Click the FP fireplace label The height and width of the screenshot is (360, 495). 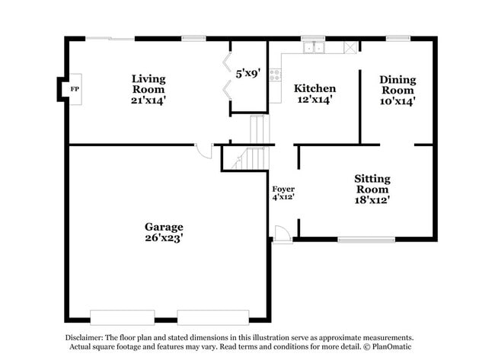74,90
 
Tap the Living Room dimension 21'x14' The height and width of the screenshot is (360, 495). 148,100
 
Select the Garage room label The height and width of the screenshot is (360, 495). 164,227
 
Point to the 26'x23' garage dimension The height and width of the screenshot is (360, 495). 164,237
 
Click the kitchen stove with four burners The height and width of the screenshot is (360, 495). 274,75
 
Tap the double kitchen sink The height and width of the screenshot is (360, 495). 313,48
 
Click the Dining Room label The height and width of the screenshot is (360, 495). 397,84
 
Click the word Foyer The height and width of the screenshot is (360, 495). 283,189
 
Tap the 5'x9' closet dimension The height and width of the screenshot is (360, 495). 248,74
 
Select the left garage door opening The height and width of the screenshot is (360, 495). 122,317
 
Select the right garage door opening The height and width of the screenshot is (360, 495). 213,317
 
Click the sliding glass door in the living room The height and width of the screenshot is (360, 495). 110,38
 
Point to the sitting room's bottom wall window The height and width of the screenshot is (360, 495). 366,240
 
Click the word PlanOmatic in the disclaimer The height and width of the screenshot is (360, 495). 391,347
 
